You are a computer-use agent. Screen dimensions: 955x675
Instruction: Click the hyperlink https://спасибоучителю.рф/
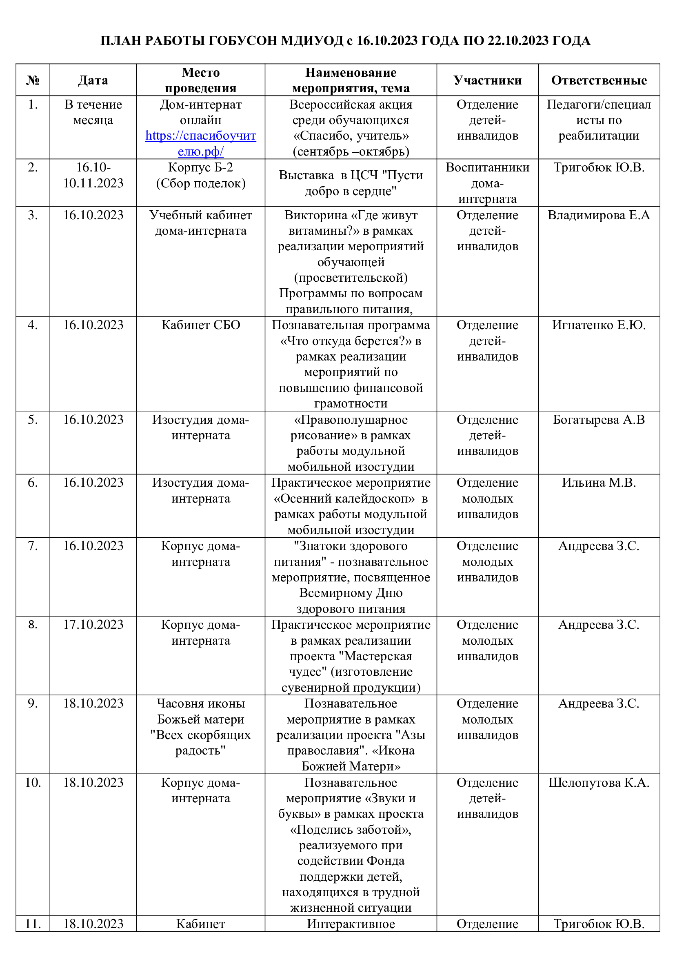[x=200, y=143]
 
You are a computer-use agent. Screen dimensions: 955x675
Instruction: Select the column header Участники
[x=487, y=80]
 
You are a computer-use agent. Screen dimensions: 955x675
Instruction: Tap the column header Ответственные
[x=599, y=80]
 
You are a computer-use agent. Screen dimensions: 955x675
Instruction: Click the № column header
[x=33, y=80]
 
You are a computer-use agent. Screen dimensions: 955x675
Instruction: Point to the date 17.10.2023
[x=93, y=625]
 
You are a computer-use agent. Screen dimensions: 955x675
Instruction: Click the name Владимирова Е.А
[x=599, y=215]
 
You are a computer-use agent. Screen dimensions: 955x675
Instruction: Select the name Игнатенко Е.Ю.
[x=599, y=325]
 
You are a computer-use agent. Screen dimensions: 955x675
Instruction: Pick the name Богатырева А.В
[x=599, y=420]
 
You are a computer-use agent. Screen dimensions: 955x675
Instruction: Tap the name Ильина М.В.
[x=599, y=483]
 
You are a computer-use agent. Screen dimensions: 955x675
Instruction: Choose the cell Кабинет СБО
[x=200, y=325]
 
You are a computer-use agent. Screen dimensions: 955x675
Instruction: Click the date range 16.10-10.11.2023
[x=93, y=175]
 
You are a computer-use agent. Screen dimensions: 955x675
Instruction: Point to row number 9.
[x=33, y=703]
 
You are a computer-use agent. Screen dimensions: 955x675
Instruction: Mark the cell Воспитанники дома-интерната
[x=487, y=183]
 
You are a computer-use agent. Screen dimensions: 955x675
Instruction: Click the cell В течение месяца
[x=93, y=112]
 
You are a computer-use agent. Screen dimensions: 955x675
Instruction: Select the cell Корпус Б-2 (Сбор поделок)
[x=200, y=175]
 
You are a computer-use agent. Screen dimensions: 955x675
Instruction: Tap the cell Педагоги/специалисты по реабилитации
[x=599, y=120]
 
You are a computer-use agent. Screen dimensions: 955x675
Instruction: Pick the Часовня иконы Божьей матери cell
[x=200, y=727]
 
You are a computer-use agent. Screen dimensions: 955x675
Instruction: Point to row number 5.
[x=33, y=420]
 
